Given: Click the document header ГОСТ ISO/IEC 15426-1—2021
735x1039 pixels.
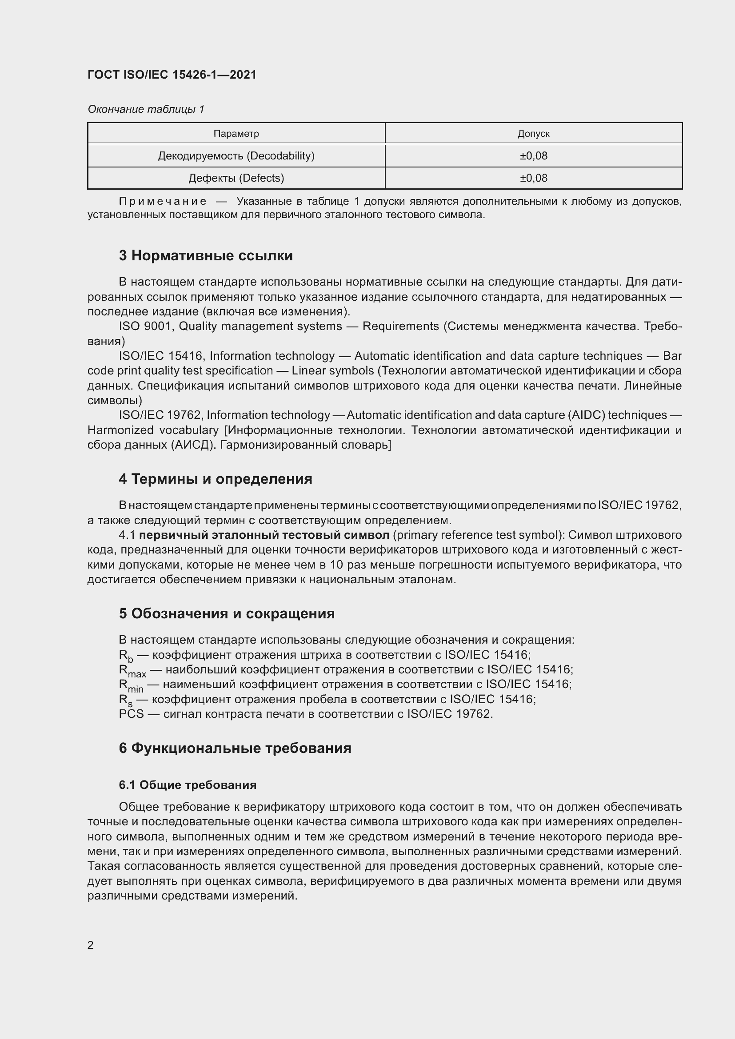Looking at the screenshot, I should pos(172,75).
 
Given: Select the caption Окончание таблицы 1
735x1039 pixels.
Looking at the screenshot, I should pos(146,109).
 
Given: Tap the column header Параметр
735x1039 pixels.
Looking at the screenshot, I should pos(236,134).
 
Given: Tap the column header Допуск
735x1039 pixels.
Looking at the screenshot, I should pos(533,134).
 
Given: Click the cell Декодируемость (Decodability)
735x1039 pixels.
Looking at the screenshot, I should pos(236,155).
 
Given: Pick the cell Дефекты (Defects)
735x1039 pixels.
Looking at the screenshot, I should pos(236,178).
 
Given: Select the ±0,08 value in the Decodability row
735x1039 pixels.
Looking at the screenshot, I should pos(533,155).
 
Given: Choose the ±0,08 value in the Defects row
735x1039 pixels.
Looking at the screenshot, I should pos(533,178).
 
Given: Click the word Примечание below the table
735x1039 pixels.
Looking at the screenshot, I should pos(163,201).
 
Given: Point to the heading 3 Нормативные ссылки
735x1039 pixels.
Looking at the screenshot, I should pos(205,256).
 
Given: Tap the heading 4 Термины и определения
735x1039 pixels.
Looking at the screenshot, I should pos(216,479).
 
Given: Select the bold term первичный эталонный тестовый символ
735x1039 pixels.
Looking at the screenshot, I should pos(264,535).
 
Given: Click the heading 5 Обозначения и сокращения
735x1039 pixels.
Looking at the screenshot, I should pos(227,613).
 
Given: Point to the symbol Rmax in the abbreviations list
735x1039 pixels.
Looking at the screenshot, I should pos(132,671).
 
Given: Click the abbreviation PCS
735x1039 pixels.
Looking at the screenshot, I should pos(131,714).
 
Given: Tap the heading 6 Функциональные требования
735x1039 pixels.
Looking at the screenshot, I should pos(235,748).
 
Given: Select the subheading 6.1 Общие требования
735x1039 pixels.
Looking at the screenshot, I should pos(188,785).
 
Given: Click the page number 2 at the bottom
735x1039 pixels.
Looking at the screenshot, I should pos(91,945).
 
